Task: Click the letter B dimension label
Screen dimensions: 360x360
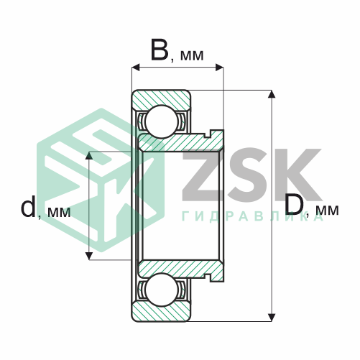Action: (x=160, y=50)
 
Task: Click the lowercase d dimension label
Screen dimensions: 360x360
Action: (x=28, y=206)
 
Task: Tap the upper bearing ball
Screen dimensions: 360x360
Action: (x=162, y=121)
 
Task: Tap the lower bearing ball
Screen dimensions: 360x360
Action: (x=162, y=290)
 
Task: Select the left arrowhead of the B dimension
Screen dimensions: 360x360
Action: (x=136, y=68)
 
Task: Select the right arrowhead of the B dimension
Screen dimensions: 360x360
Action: (x=220, y=68)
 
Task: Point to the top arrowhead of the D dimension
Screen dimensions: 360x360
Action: (x=272, y=94)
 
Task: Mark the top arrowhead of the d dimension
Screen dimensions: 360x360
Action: (x=89, y=155)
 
